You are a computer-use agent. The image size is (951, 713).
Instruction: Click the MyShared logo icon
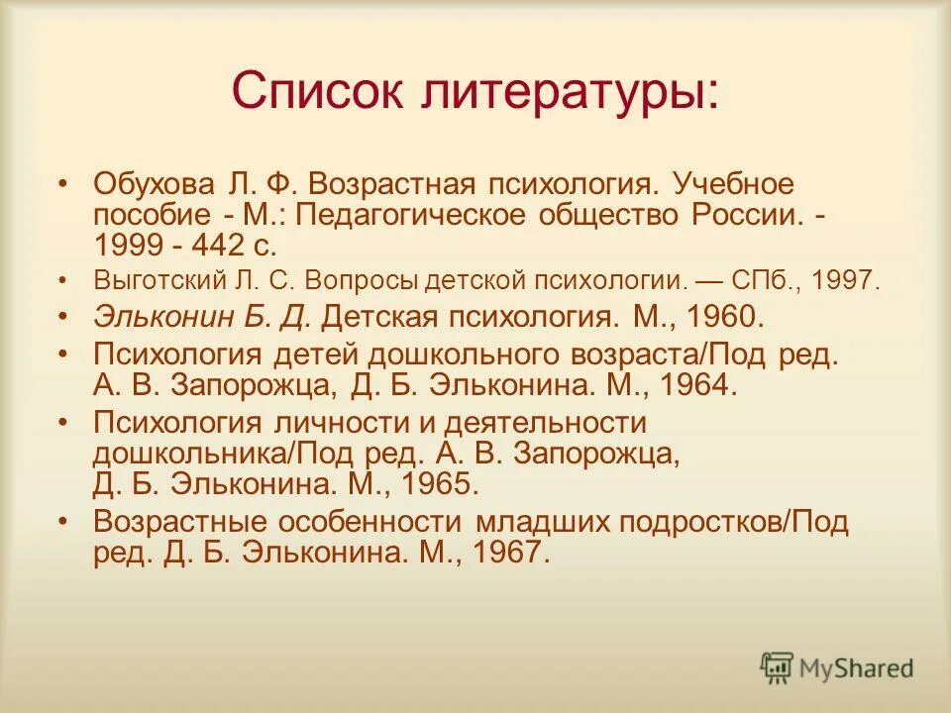[x=777, y=667]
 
